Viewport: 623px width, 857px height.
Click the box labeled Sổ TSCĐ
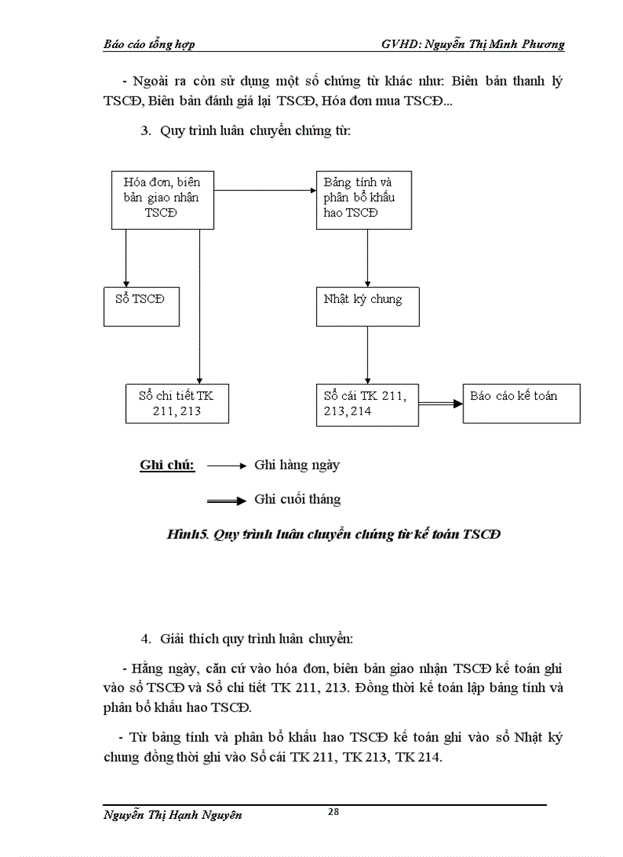pyautogui.click(x=141, y=306)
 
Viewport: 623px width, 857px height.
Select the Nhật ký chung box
pyautogui.click(x=368, y=306)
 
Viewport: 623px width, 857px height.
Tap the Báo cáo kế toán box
pyautogui.click(x=521, y=403)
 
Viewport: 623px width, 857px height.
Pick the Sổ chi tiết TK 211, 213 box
pyautogui.click(x=177, y=404)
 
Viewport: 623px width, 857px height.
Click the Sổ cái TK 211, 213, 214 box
pyautogui.click(x=367, y=404)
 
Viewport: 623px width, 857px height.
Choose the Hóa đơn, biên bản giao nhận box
pyautogui.click(x=163, y=200)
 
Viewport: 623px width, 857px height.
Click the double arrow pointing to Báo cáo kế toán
pyautogui.click(x=441, y=404)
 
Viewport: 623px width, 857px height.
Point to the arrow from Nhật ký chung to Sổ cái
pyautogui.click(x=367, y=355)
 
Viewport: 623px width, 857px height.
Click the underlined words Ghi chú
pyautogui.click(x=167, y=465)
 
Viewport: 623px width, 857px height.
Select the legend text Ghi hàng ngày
pyautogui.click(x=297, y=465)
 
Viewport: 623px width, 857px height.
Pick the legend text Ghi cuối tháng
pyautogui.click(x=297, y=500)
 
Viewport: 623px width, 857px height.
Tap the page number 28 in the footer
pyautogui.click(x=333, y=811)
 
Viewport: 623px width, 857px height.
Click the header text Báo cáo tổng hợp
pyautogui.click(x=149, y=44)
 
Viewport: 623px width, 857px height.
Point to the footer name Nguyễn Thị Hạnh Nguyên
pyautogui.click(x=173, y=815)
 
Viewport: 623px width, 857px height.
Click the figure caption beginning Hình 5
pyautogui.click(x=334, y=534)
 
